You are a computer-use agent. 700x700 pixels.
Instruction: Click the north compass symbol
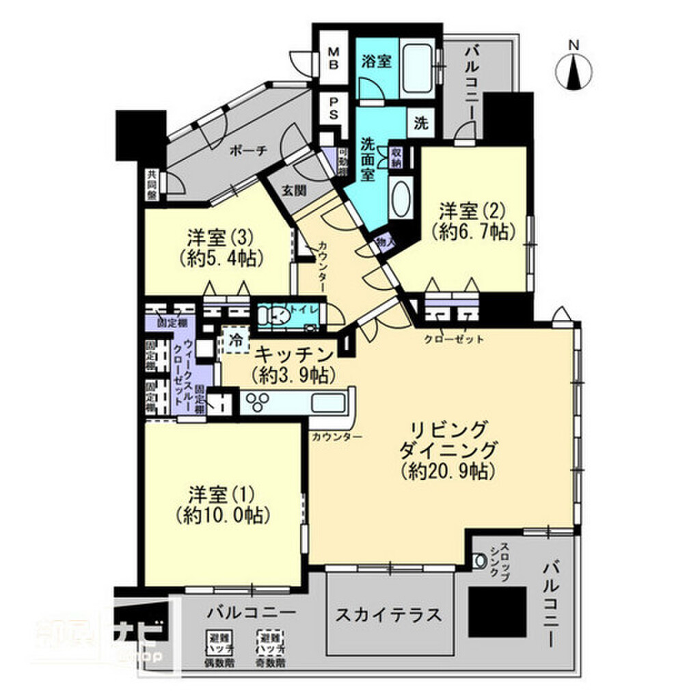(574, 70)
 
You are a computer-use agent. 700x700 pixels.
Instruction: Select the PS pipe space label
(334, 107)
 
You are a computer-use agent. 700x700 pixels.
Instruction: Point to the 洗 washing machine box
(422, 124)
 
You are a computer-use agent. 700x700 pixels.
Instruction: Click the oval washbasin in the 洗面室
(401, 198)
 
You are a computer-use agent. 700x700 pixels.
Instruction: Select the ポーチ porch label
(247, 151)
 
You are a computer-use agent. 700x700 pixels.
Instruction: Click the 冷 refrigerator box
(234, 340)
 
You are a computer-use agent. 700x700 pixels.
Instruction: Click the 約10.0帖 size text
(222, 514)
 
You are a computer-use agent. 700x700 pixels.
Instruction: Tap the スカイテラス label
(388, 613)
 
